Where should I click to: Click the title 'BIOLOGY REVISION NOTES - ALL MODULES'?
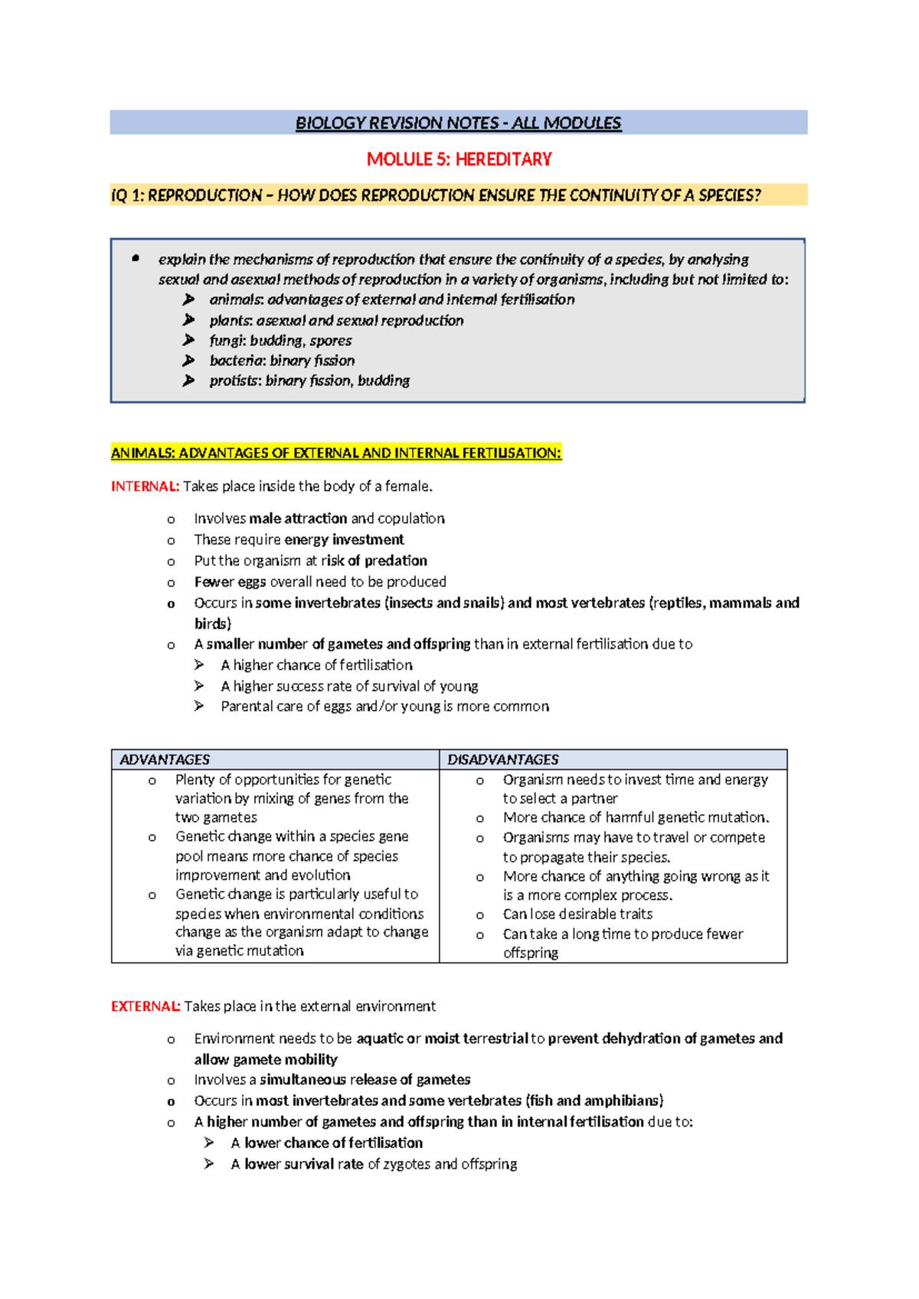458,123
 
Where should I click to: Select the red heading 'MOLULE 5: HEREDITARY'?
459,159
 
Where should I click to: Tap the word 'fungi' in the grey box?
227,341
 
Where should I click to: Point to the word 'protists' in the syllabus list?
234,381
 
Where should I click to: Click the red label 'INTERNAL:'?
145,486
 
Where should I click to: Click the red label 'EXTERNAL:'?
146,1006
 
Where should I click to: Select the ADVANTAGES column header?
165,760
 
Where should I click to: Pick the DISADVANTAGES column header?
503,760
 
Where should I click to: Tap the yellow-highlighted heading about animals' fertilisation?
336,453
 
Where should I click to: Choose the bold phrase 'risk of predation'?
374,561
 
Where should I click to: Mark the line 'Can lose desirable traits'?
577,915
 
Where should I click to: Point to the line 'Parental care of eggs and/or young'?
384,706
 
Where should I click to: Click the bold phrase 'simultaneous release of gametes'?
365,1080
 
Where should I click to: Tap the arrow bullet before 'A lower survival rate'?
209,1164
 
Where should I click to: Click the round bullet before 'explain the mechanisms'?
136,259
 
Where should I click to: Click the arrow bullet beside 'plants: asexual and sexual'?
188,320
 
